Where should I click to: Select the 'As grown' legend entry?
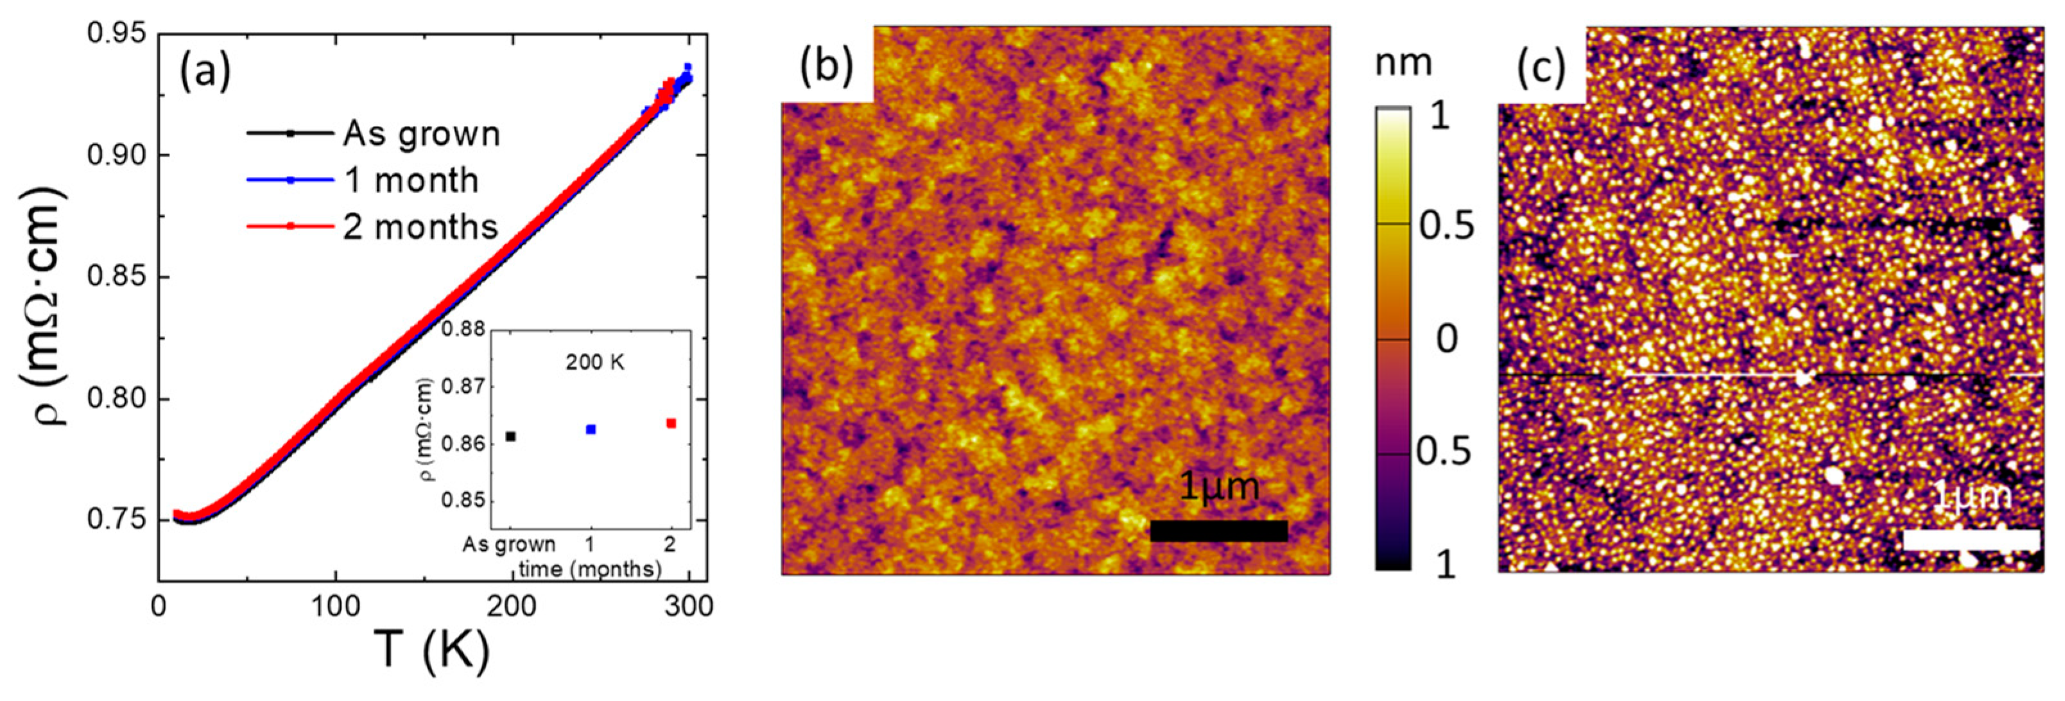[421, 134]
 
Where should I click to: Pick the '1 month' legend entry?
[411, 181]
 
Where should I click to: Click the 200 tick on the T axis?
[512, 607]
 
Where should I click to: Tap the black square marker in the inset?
[511, 437]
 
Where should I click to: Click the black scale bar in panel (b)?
[1218, 531]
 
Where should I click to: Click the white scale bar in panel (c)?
[1971, 540]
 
